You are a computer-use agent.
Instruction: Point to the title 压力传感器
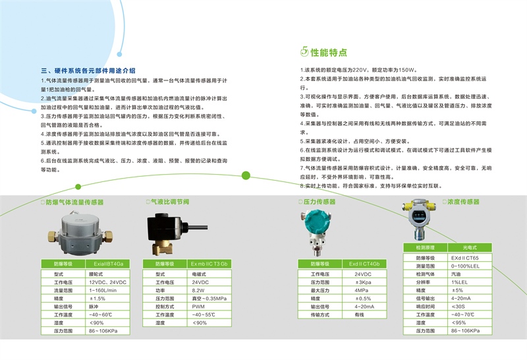(319, 202)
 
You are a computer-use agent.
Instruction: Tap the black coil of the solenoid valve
(161, 227)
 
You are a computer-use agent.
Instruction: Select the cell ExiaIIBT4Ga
(109, 264)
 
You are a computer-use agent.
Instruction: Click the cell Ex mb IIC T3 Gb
(209, 264)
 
